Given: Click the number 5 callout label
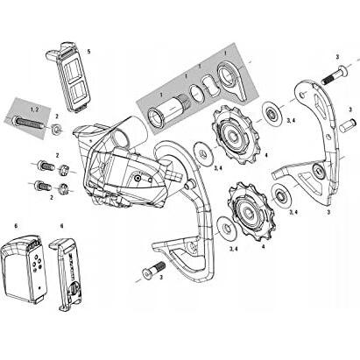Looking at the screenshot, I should pyautogui.click(x=88, y=52).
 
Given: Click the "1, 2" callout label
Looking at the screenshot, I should pyautogui.click(x=33, y=106).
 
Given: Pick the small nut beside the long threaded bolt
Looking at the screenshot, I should pyautogui.click(x=55, y=131).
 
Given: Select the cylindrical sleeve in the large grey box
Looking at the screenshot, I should pyautogui.click(x=166, y=113).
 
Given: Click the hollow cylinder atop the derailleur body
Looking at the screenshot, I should pyautogui.click(x=123, y=131).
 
